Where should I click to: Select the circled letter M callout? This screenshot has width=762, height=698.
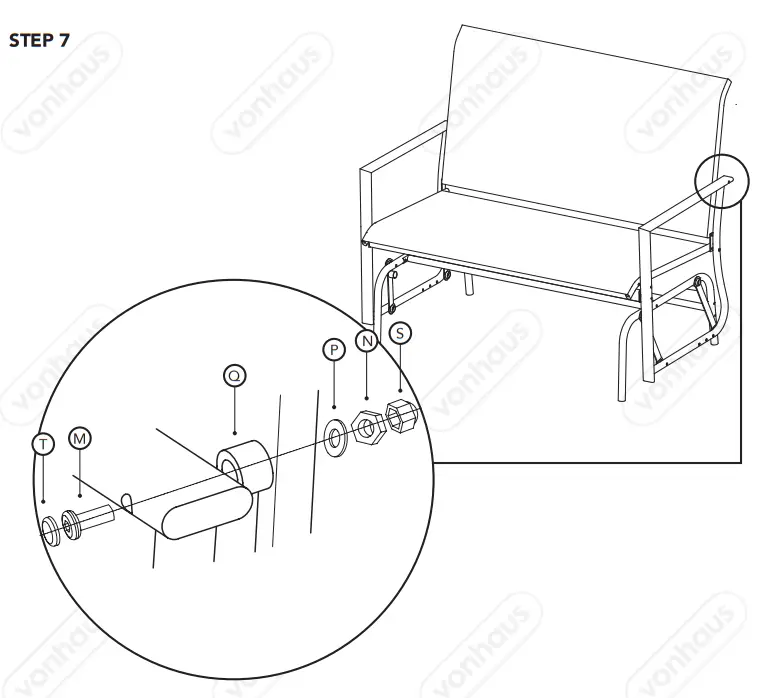79,439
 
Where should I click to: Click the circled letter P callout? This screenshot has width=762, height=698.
333,350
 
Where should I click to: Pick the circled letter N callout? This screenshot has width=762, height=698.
366,341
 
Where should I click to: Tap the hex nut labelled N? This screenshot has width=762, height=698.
369,427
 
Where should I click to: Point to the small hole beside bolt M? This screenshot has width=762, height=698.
128,500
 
